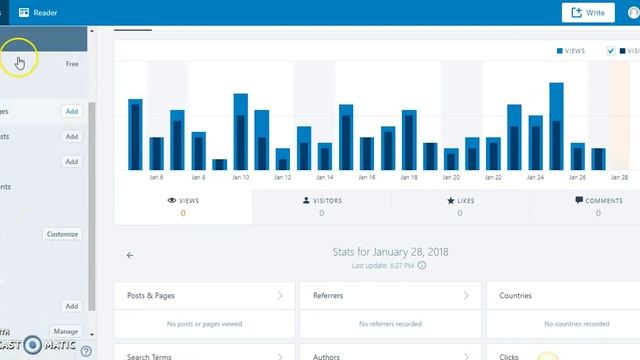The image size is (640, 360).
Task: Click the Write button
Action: tap(588, 12)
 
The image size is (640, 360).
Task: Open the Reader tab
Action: tap(39, 12)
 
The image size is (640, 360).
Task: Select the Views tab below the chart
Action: tap(183, 206)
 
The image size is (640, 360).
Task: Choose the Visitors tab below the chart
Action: tap(321, 206)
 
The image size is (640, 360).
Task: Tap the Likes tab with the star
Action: tap(460, 206)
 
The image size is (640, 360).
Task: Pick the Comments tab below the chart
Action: tap(599, 206)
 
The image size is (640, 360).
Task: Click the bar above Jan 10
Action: tap(241, 132)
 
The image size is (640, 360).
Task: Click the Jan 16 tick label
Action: tap(367, 177)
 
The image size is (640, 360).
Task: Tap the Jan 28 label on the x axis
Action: tap(619, 177)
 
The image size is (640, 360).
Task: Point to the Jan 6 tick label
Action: tap(157, 177)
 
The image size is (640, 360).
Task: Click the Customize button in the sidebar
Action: tap(62, 234)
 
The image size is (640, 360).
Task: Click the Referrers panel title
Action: tap(390, 296)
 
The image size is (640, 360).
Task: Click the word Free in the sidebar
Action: tap(72, 64)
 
